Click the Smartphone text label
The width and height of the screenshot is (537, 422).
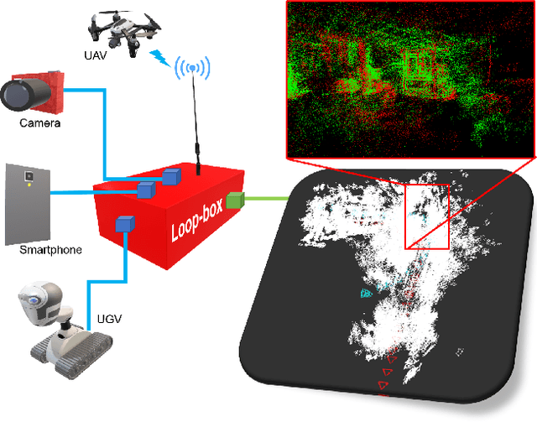[50, 250]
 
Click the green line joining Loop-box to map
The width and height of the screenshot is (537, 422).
[263, 200]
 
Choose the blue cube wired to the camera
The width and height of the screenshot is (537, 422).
[172, 176]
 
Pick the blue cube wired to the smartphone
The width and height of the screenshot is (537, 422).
[146, 188]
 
